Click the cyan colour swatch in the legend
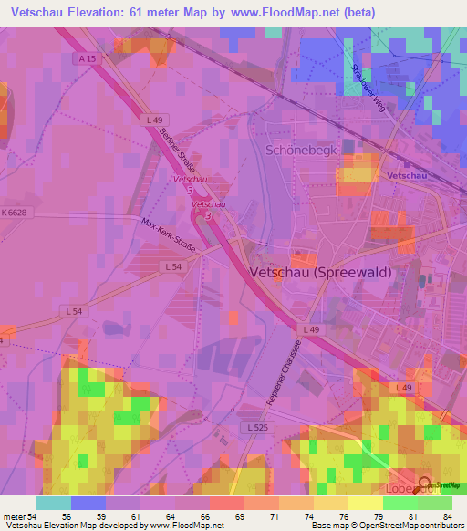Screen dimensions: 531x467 (53, 503)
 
